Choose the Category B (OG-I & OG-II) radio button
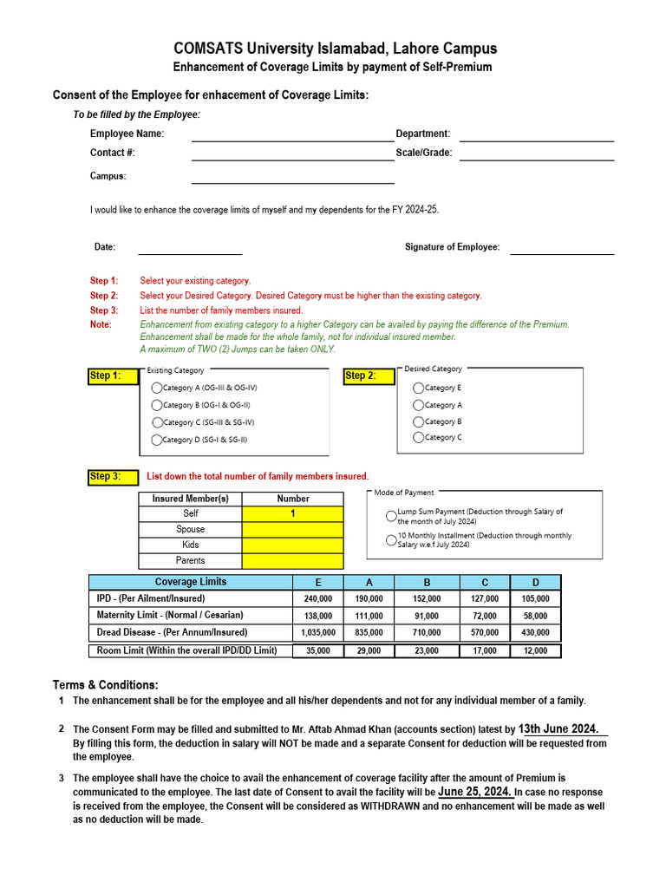(x=157, y=405)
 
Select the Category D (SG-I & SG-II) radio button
(x=157, y=440)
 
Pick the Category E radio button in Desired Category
(x=419, y=388)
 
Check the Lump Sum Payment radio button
(x=391, y=516)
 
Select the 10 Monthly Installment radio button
(x=391, y=539)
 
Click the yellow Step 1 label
(x=112, y=375)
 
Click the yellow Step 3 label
(x=112, y=476)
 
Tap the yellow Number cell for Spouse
(x=293, y=529)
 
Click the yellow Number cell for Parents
(x=293, y=560)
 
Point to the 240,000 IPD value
(x=317, y=598)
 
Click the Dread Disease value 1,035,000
(x=317, y=633)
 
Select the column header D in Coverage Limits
(x=535, y=582)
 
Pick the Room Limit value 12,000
(x=535, y=650)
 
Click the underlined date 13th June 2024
(x=559, y=729)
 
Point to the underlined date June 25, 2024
(x=474, y=792)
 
